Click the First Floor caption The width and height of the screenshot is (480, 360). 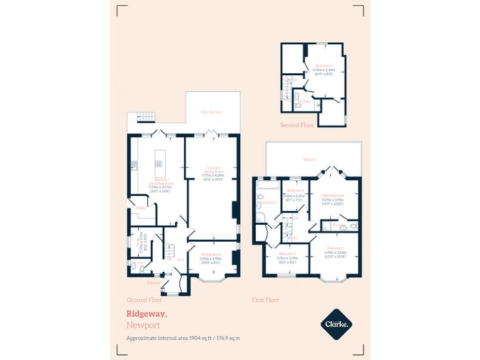265,300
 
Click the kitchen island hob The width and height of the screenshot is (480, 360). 158,164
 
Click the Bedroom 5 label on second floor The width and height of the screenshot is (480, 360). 323,65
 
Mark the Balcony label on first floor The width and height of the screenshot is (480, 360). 309,159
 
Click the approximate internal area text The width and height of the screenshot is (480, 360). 183,338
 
